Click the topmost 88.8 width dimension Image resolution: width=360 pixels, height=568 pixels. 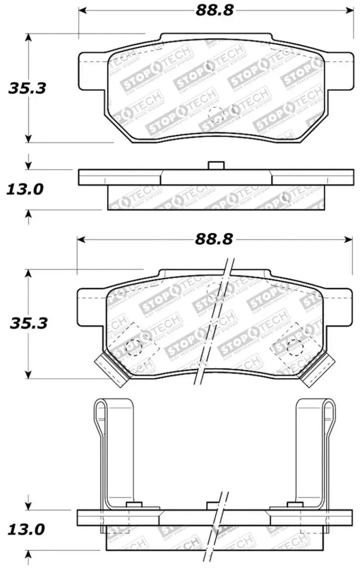215,10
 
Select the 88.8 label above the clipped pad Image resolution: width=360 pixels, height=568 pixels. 214,240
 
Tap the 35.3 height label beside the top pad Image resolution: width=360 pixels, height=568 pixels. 27,88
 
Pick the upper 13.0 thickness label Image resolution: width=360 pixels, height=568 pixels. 25,189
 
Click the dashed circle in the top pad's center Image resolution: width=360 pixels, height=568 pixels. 216,114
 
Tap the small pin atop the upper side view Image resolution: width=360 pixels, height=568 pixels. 216,165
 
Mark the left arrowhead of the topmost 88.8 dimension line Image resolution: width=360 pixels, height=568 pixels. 82,10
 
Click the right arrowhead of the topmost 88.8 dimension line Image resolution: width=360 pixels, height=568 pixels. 350,10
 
